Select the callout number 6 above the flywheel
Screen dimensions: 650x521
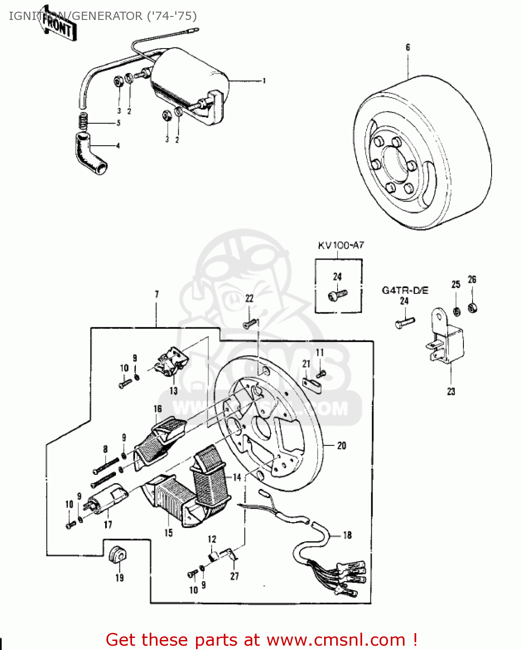pyautogui.click(x=408, y=47)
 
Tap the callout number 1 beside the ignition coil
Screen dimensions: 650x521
pyautogui.click(x=264, y=81)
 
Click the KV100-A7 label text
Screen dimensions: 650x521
pyautogui.click(x=341, y=245)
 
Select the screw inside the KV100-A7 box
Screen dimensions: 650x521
pyautogui.click(x=338, y=295)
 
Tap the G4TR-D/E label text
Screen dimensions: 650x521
pyautogui.click(x=405, y=290)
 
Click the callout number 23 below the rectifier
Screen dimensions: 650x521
pyautogui.click(x=451, y=391)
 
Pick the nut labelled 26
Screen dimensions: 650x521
pyautogui.click(x=473, y=309)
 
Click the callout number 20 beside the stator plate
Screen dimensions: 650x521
pyautogui.click(x=341, y=445)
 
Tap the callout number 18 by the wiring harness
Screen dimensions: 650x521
pyautogui.click(x=347, y=535)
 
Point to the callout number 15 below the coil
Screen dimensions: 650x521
pyautogui.click(x=168, y=533)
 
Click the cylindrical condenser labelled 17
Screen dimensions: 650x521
pyautogui.click(x=106, y=499)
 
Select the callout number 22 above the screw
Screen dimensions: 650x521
pyautogui.click(x=249, y=299)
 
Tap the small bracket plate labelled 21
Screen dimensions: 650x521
pyautogui.click(x=312, y=385)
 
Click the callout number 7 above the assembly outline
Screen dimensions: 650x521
pyautogui.click(x=157, y=294)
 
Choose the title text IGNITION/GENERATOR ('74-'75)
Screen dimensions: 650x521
pyautogui.click(x=103, y=16)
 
